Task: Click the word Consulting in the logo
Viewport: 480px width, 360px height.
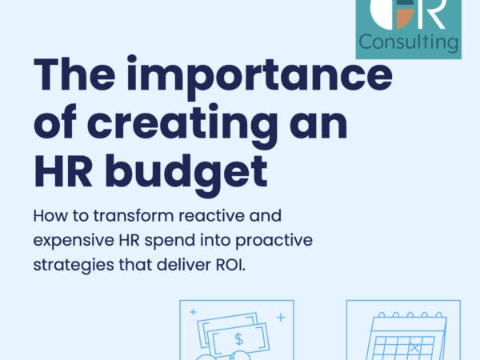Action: click(x=408, y=41)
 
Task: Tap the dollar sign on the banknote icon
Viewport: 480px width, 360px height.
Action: click(x=239, y=339)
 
